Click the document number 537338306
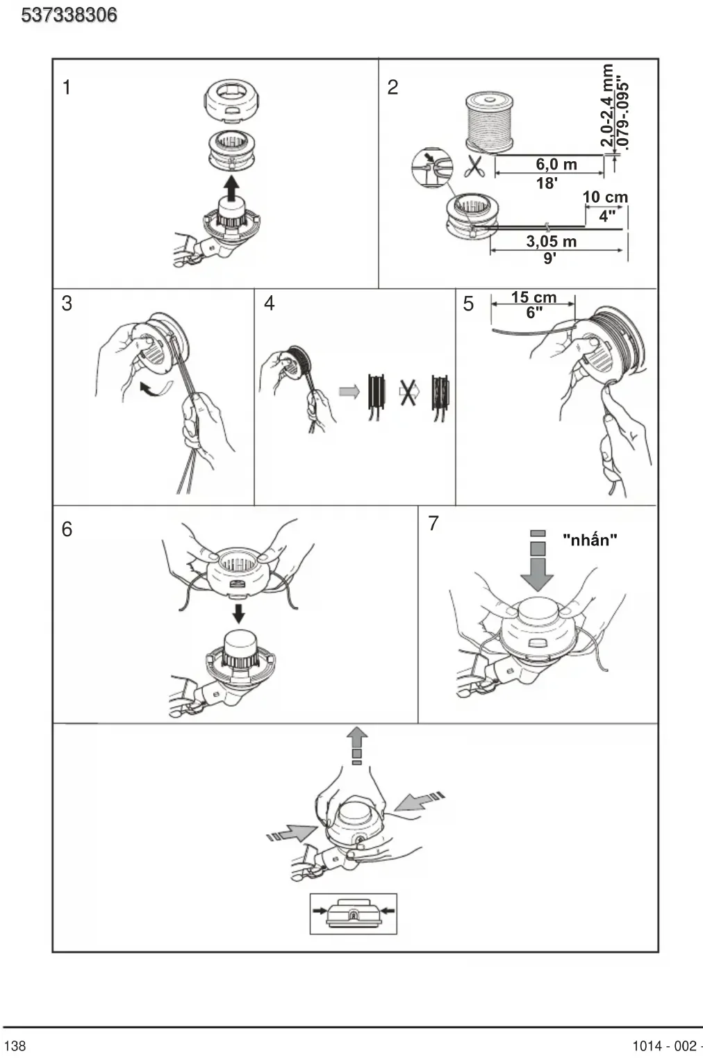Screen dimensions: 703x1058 [x=69, y=15]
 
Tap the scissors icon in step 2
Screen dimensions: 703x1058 [x=474, y=165]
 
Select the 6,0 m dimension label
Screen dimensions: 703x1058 [x=556, y=165]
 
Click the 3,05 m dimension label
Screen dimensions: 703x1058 [x=552, y=241]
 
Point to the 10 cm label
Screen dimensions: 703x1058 [x=605, y=197]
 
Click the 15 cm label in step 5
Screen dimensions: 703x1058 [x=534, y=297]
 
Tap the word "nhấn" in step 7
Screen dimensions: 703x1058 [x=590, y=539]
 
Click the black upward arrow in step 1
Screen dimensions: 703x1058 [x=231, y=188]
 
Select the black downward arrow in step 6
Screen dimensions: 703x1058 [x=239, y=613]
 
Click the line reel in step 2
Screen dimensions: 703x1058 [x=490, y=122]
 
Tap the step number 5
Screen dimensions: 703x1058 [x=468, y=304]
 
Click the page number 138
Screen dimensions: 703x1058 [x=15, y=1045]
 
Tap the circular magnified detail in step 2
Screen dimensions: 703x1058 [x=432, y=168]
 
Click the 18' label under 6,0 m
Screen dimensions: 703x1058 [x=547, y=183]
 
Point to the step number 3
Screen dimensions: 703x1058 [x=67, y=304]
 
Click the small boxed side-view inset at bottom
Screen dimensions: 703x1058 [x=354, y=914]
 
